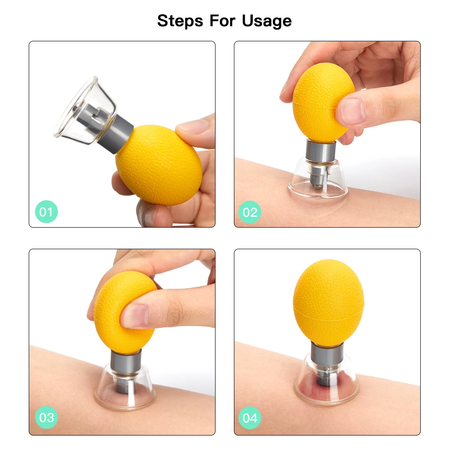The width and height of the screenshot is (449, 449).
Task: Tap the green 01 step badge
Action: coord(46,211)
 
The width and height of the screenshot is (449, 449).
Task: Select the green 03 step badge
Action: coord(46,418)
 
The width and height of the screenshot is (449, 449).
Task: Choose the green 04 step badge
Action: coord(250,418)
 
